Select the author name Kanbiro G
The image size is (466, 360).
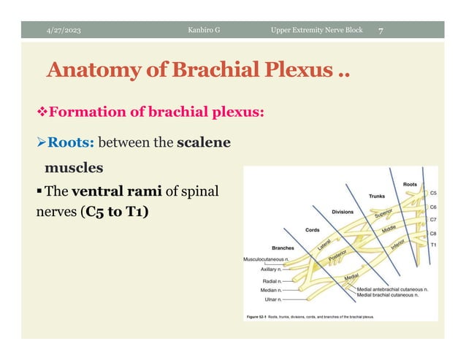204,30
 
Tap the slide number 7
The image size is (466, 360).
381,30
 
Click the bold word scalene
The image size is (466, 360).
204,142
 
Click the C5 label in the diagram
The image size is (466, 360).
433,194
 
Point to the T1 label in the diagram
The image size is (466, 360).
433,245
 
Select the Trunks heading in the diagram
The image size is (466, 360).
376,196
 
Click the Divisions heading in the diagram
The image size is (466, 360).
343,212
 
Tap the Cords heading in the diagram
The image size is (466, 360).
312,230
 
